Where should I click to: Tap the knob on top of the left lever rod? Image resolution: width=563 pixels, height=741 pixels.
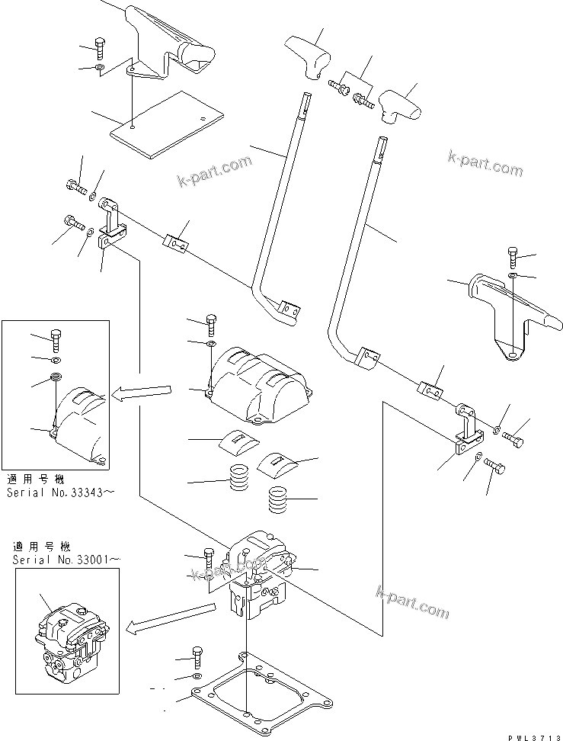tap(308, 55)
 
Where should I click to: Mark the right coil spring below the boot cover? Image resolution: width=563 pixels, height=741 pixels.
tap(281, 502)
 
